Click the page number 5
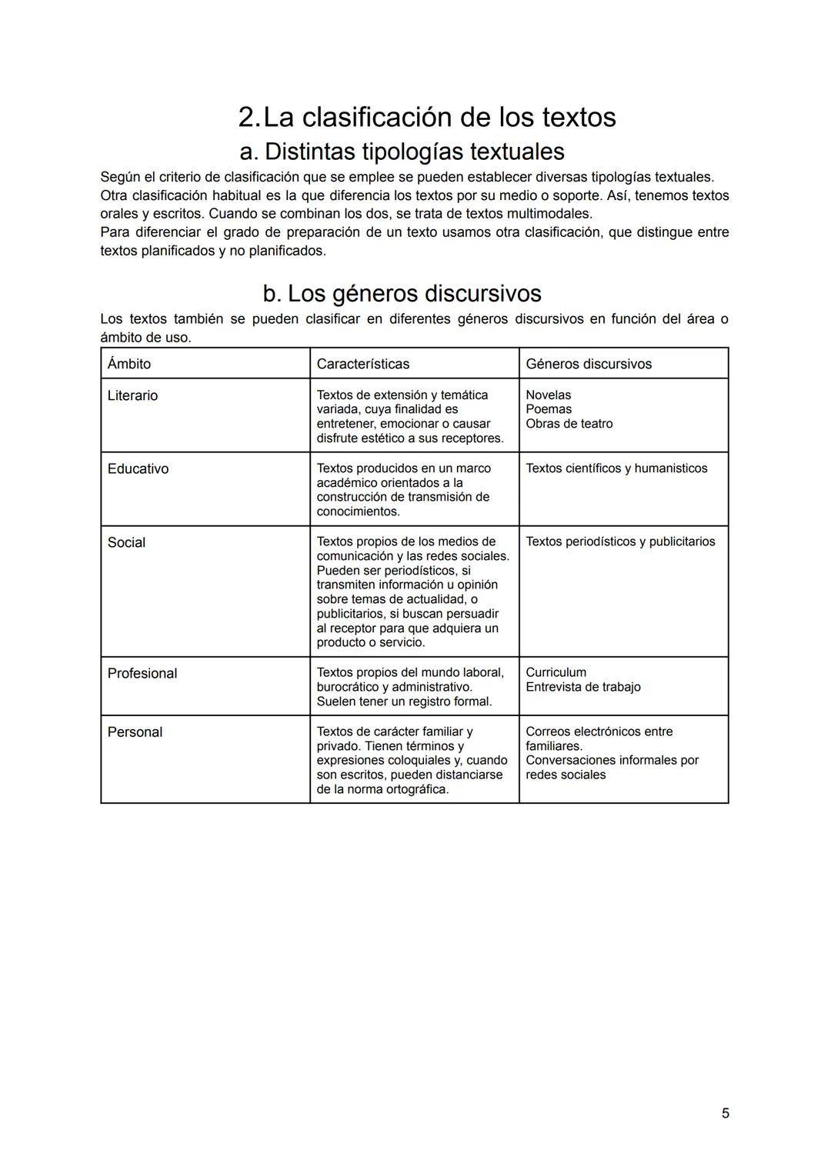click(x=725, y=1113)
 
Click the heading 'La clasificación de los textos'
click(x=439, y=117)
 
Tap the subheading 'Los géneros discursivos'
click(x=414, y=293)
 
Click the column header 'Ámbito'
click(x=129, y=364)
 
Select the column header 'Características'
click(x=362, y=364)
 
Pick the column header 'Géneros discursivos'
click(x=588, y=364)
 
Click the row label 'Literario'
click(x=132, y=395)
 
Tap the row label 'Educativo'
click(x=138, y=468)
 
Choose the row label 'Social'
click(x=126, y=542)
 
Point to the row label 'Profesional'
click(x=142, y=673)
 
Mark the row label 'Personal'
click(x=135, y=731)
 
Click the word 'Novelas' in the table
click(x=548, y=395)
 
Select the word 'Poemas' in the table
click(x=549, y=409)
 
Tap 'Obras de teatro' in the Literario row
click(x=569, y=424)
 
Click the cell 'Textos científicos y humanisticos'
click(x=616, y=468)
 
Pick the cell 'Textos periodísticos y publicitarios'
click(x=620, y=542)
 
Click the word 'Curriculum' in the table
click(x=556, y=672)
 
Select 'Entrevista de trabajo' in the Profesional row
click(x=582, y=687)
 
